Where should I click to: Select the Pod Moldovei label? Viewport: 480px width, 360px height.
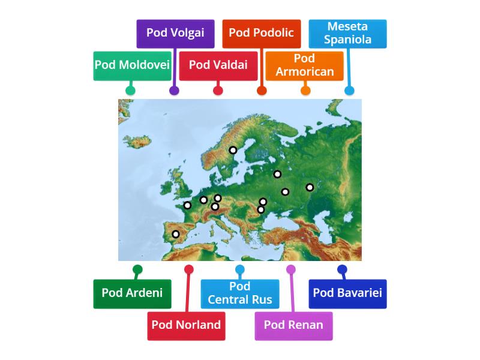tap(132, 65)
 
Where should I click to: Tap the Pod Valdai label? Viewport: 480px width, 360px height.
tap(218, 65)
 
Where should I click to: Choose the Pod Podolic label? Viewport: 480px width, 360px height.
tap(261, 33)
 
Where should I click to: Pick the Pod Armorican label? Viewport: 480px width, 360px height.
tap(304, 65)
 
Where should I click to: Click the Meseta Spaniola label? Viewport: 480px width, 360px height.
tap(347, 33)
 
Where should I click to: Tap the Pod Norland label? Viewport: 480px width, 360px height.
tap(186, 325)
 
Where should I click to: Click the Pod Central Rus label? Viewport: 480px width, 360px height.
tap(239, 293)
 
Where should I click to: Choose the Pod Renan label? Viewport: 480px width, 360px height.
tap(293, 325)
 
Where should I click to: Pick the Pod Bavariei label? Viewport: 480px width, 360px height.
tap(347, 293)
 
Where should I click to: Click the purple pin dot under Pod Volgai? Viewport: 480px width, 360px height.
tap(174, 91)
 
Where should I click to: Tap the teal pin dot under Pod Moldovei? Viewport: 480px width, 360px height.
tap(130, 91)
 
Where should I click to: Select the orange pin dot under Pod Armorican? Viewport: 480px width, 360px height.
tap(305, 91)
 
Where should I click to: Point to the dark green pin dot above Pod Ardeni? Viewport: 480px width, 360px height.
tap(137, 269)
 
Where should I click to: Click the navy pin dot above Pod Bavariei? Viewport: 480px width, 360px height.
tap(342, 269)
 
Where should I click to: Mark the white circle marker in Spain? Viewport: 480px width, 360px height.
tap(175, 234)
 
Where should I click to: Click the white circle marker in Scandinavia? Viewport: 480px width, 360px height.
tap(233, 150)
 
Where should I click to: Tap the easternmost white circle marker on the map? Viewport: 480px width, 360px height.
tap(310, 187)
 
